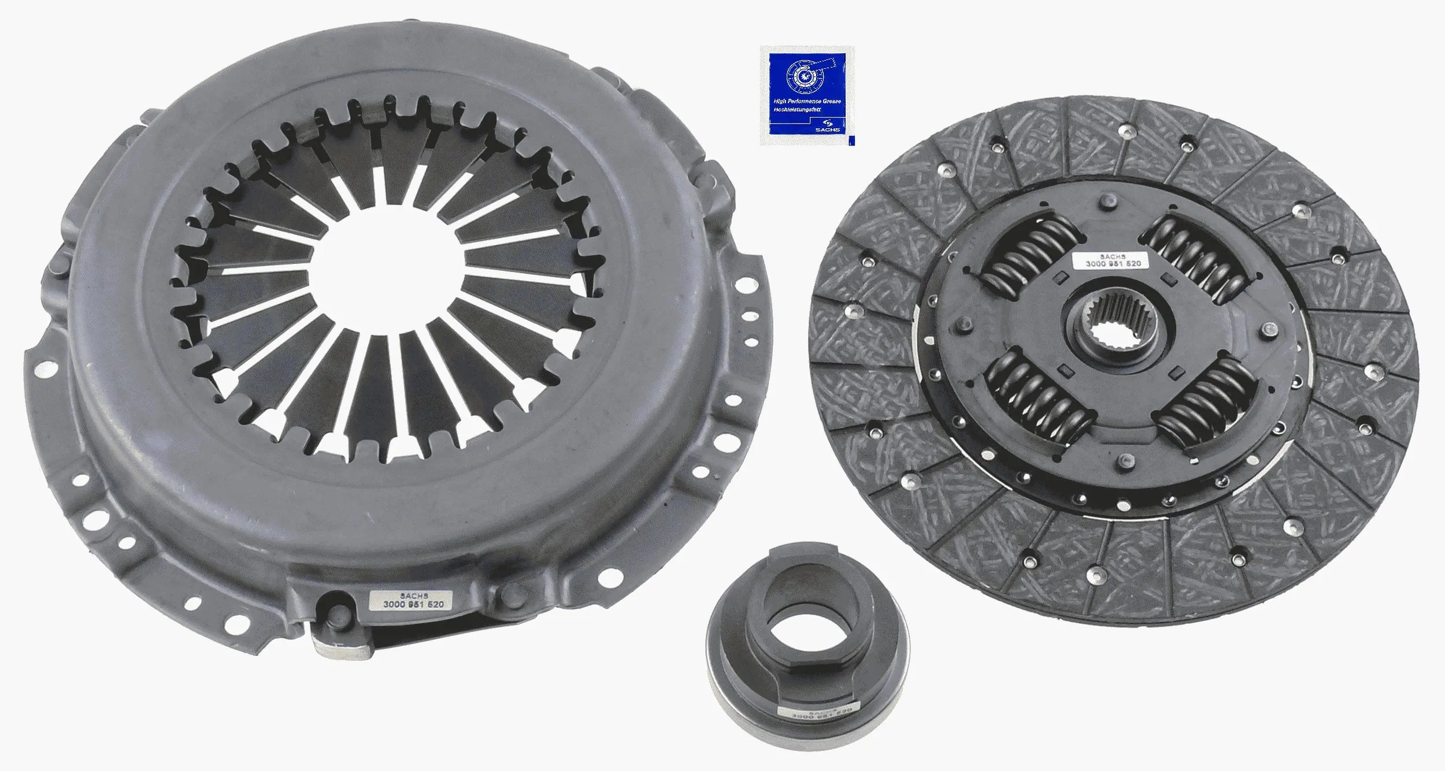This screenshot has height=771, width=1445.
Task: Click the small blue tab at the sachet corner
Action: pos(851,140)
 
